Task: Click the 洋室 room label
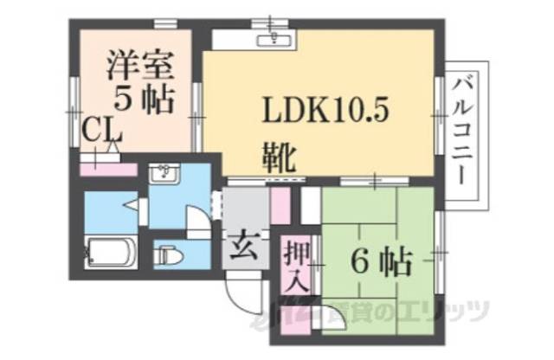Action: point(139,66)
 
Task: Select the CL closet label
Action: point(101,132)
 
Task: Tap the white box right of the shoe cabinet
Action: point(309,208)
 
